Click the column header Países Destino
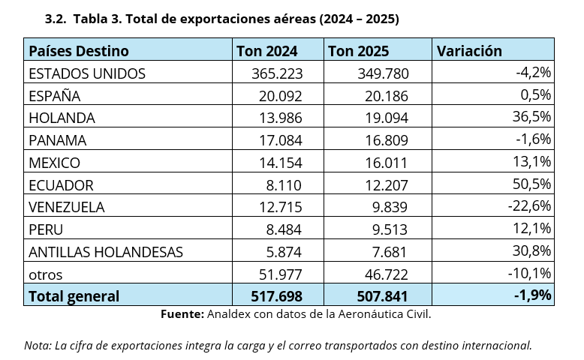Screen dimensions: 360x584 click(x=78, y=51)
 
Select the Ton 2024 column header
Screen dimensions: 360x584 click(x=266, y=51)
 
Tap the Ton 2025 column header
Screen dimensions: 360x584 click(x=359, y=51)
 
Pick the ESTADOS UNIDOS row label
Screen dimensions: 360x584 click(x=86, y=73)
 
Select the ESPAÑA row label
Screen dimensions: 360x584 click(x=54, y=96)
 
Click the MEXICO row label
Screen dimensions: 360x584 click(x=54, y=163)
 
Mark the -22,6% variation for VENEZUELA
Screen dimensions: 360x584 click(x=529, y=206)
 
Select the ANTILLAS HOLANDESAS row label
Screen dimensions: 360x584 click(x=105, y=251)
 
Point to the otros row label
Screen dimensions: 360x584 click(x=45, y=274)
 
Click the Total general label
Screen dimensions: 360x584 click(x=74, y=295)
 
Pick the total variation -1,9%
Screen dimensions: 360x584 click(x=532, y=295)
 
